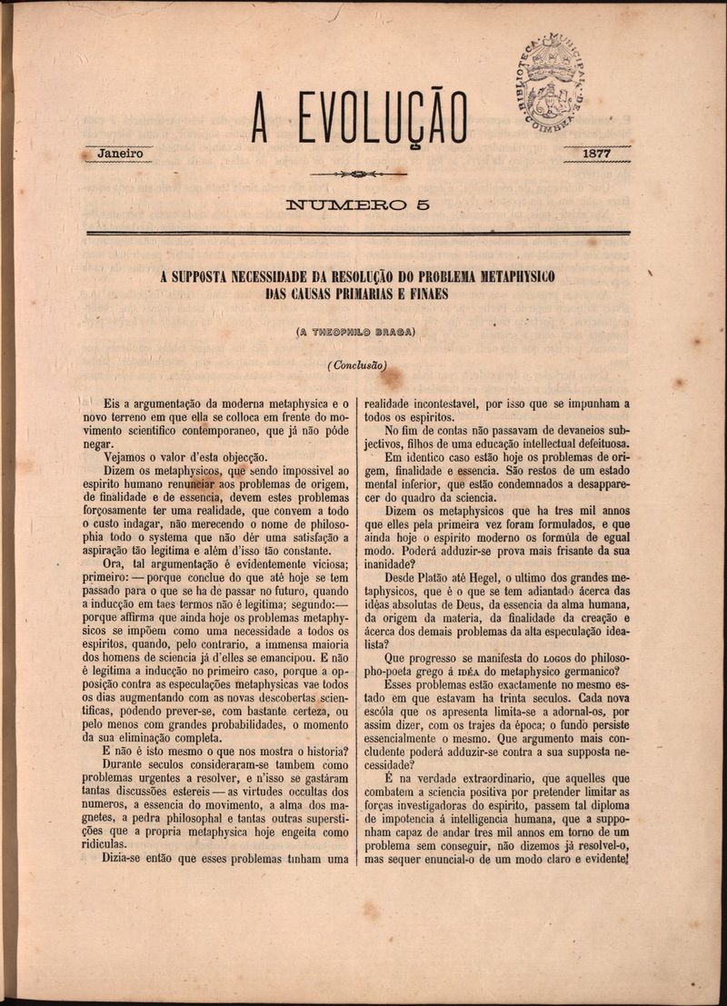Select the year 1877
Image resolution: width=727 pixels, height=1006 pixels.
click(596, 154)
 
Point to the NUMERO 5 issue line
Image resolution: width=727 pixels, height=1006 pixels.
click(357, 205)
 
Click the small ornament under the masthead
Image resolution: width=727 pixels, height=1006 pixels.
click(357, 174)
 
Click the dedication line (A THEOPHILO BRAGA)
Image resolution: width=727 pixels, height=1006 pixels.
click(356, 331)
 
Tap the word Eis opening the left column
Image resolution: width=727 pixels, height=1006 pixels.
click(113, 401)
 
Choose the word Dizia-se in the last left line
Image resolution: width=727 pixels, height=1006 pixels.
click(131, 858)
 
